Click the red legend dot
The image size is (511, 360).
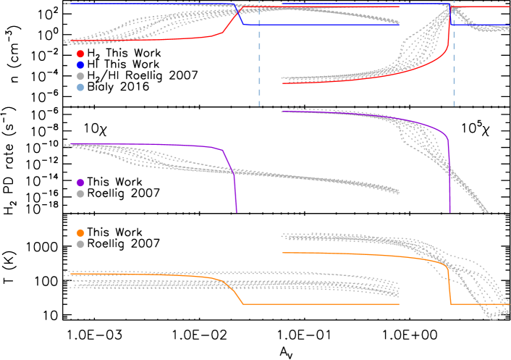(80, 54)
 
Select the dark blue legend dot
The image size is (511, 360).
(80, 65)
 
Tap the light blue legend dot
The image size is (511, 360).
(80, 88)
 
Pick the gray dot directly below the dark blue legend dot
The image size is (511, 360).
(80, 76)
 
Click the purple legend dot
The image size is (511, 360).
(80, 183)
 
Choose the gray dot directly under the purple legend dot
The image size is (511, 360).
(80, 194)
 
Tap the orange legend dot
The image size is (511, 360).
(80, 233)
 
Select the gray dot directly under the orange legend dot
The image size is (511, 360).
(80, 245)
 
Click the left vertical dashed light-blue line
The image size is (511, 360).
(260, 72)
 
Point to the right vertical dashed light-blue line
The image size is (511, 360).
(455, 72)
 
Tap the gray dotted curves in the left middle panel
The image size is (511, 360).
(290, 176)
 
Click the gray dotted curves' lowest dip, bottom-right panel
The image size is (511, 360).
(494, 317)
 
